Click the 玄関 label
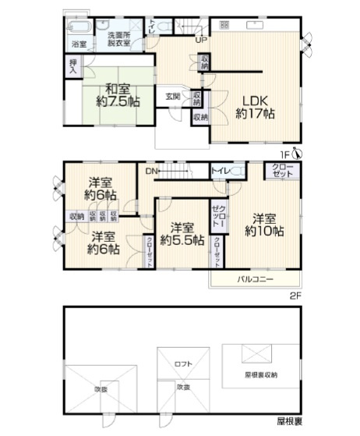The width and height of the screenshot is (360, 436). pos(172,97)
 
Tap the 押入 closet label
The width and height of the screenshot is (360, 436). pos(72,67)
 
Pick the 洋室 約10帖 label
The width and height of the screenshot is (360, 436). pos(263,224)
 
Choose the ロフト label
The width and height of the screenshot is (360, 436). pos(183,363)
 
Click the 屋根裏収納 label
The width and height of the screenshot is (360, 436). pos(259,374)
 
